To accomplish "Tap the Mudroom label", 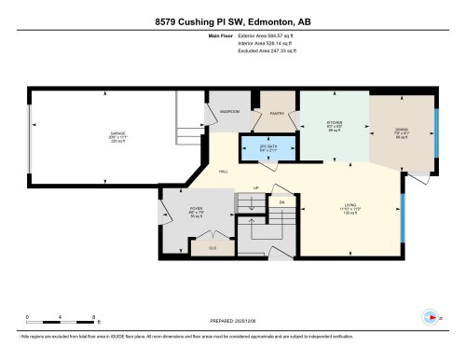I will pos(229,111).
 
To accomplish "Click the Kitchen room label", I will pos(336,125).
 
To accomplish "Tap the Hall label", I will pos(225,173).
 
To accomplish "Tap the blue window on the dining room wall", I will pos(434,136).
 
